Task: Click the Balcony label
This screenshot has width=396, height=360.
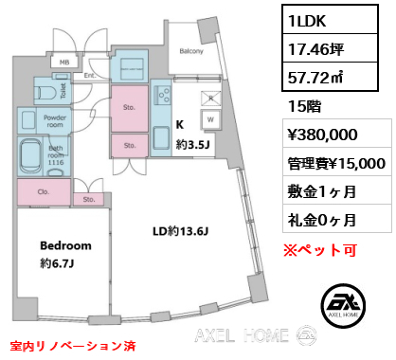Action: tap(191, 51)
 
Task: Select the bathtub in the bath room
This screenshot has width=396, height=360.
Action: tap(30, 156)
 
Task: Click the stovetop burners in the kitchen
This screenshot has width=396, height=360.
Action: tap(162, 96)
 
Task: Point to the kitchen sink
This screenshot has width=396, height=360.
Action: tap(161, 137)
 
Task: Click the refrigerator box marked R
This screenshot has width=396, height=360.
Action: tap(211, 99)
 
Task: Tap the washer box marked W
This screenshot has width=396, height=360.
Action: tap(210, 119)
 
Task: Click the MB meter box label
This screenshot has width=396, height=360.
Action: tap(64, 63)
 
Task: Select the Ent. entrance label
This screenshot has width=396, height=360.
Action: tap(90, 76)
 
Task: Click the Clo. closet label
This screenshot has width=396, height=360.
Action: tap(44, 191)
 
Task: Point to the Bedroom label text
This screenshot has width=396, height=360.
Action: tap(65, 245)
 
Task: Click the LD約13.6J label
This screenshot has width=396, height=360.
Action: tap(180, 232)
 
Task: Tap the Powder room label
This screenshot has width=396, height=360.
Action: tap(55, 121)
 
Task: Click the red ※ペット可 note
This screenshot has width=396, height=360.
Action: tap(320, 250)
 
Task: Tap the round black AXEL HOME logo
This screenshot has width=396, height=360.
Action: tap(343, 305)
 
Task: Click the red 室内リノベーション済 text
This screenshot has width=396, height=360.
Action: tap(73, 346)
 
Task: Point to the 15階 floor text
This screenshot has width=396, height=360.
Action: tap(304, 106)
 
